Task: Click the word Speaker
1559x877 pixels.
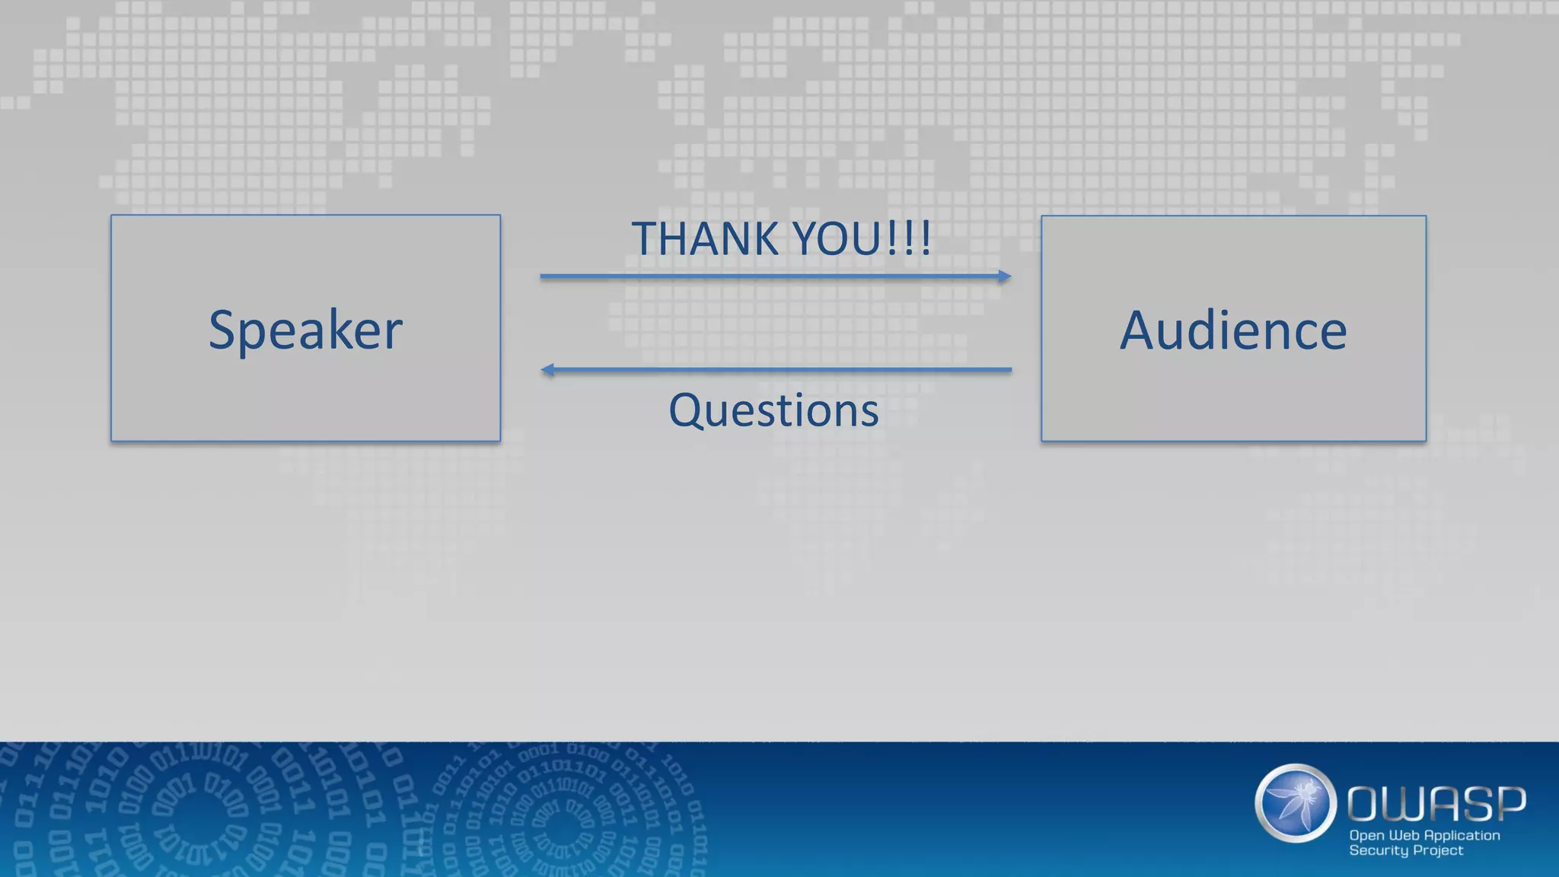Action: coord(305,330)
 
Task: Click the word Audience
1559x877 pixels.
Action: coord(1233,330)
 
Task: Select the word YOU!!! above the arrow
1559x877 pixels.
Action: coord(861,239)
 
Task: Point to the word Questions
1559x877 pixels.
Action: coord(773,410)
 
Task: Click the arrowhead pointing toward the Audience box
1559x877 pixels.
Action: coord(1005,276)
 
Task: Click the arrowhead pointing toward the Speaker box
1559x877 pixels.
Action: coord(547,370)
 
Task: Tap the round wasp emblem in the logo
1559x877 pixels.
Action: coord(1296,803)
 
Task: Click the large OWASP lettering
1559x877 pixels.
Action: coord(1436,804)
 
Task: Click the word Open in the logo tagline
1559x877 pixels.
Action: coord(1366,835)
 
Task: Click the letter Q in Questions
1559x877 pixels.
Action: coord(684,410)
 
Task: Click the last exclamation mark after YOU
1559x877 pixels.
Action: coord(926,239)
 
